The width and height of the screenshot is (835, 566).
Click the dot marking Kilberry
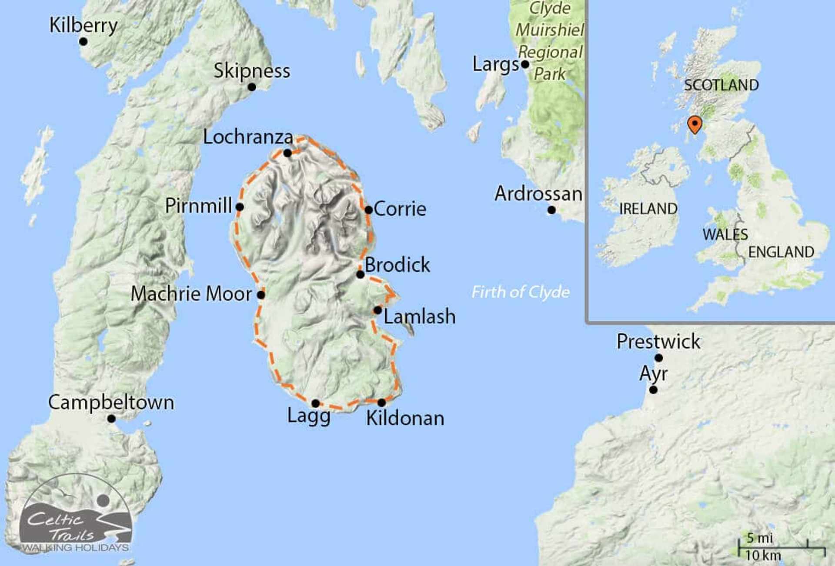(x=83, y=42)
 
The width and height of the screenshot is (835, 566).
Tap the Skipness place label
(x=251, y=70)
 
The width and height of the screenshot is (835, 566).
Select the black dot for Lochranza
(x=287, y=153)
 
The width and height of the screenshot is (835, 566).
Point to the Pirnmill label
(x=198, y=206)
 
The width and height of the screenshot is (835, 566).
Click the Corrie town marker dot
(x=368, y=210)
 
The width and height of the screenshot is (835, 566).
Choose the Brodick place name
(x=397, y=265)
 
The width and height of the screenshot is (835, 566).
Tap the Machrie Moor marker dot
(x=261, y=295)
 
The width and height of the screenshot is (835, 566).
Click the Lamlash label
(x=419, y=316)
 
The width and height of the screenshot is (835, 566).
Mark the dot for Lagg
(x=316, y=403)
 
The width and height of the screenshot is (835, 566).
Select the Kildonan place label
(x=405, y=418)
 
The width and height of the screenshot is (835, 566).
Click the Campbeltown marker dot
(x=111, y=419)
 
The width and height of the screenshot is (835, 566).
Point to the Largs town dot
(x=525, y=64)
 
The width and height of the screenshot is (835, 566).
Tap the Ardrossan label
(x=538, y=194)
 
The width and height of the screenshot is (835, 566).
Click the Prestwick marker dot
(x=659, y=358)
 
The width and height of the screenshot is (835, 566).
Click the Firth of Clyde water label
(x=521, y=292)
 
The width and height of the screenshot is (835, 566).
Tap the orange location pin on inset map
(x=695, y=124)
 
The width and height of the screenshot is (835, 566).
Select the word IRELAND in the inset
(x=648, y=209)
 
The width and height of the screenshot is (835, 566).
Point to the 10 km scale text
(x=763, y=555)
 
